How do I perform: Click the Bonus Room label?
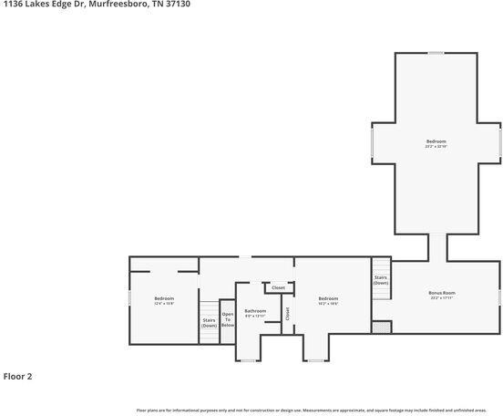(442, 293)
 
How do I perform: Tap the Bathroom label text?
(255, 311)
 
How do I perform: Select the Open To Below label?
(228, 320)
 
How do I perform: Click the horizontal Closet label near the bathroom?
(278, 287)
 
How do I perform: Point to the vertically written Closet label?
(287, 313)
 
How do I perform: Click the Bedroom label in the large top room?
(436, 140)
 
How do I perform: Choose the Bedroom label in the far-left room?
(164, 299)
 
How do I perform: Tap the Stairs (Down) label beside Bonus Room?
(381, 280)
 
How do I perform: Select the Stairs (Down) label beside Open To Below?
(210, 322)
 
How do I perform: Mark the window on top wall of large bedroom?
(436, 53)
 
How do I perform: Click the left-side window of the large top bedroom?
(371, 143)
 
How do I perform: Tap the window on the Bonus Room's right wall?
(500, 296)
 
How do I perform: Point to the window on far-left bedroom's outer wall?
(128, 298)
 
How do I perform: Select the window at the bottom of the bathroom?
(248, 360)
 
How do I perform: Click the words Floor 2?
(17, 376)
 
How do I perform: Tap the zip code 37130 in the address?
(177, 4)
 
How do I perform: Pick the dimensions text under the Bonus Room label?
(442, 298)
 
